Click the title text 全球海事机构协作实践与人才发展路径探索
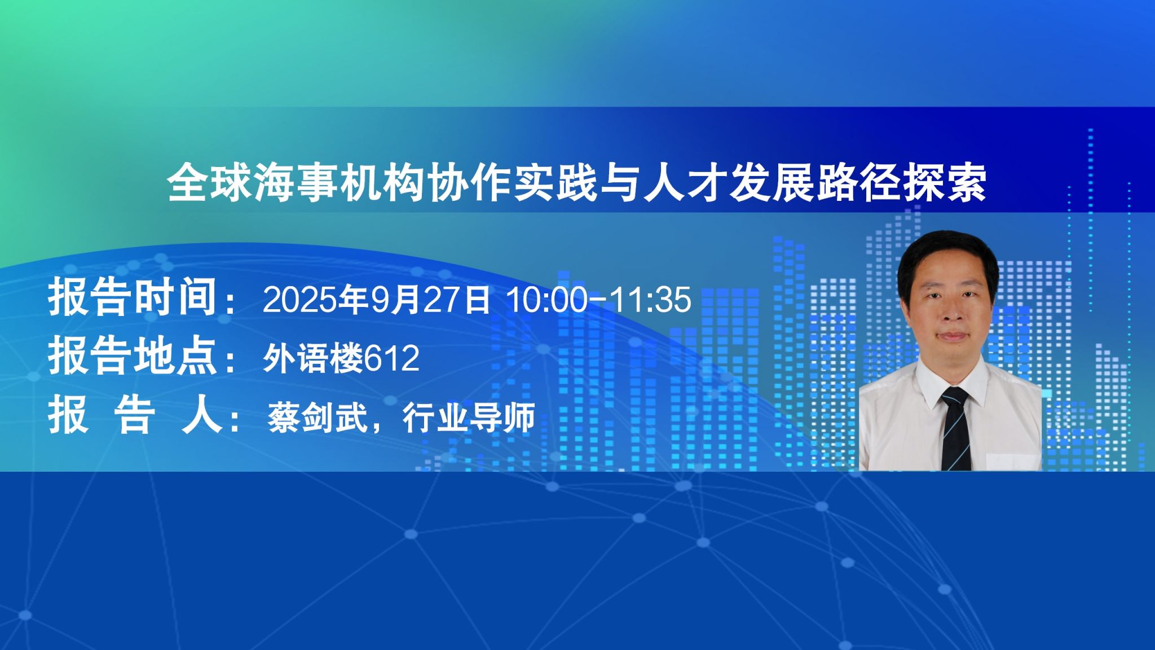[577, 183]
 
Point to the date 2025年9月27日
[376, 299]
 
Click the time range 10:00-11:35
[599, 299]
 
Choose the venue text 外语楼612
[341, 358]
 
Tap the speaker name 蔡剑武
[316, 418]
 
